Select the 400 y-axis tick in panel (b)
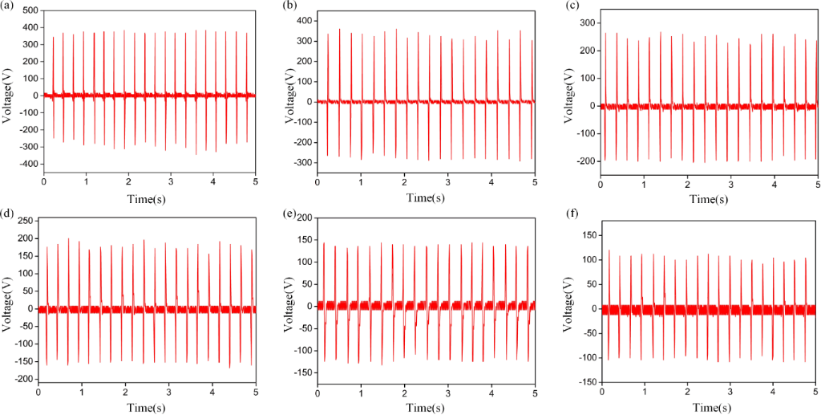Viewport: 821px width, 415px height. tap(305, 19)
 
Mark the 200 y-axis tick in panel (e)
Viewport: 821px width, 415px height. tap(305, 218)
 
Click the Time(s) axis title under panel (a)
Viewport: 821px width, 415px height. tap(147, 197)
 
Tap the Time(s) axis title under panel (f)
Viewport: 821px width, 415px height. tap(709, 409)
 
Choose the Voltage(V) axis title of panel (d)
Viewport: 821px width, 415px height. tap(6, 309)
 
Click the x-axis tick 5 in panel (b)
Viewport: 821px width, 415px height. tap(534, 182)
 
